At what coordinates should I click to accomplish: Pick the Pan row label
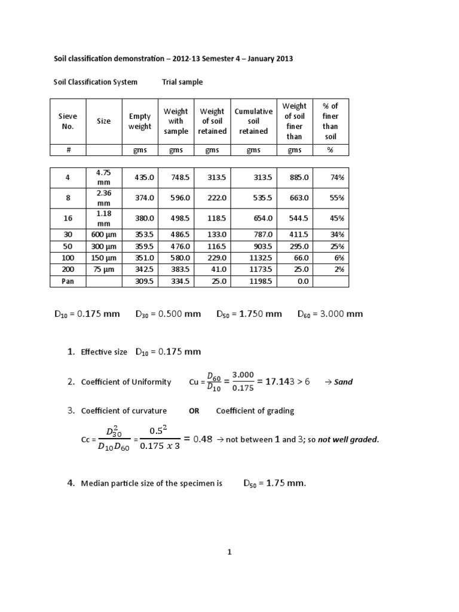click(68, 281)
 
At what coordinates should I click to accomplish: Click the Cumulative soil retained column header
click(253, 121)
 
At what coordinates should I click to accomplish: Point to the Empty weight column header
click(140, 121)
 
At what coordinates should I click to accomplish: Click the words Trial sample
click(182, 82)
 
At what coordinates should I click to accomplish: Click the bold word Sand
click(343, 382)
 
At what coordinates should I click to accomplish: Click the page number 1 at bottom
click(229, 553)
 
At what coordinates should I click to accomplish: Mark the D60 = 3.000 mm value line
click(330, 314)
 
